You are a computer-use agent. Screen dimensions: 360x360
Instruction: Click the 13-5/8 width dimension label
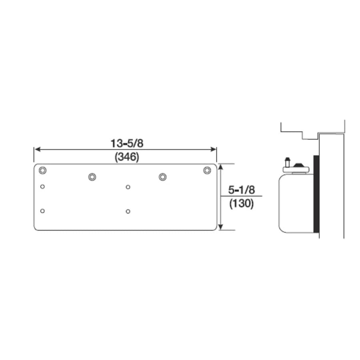click(x=127, y=143)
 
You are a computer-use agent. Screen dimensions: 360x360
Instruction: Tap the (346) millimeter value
click(x=127, y=157)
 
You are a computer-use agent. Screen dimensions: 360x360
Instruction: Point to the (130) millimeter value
click(x=242, y=204)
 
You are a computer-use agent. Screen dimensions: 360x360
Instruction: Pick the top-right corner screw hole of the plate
click(x=206, y=170)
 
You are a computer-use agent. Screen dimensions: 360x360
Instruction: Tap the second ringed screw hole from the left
click(x=92, y=176)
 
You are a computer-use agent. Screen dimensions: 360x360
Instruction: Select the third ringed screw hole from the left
click(x=162, y=176)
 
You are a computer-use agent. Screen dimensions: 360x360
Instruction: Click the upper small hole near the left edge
click(x=42, y=186)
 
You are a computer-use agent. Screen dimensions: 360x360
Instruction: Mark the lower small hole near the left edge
click(x=42, y=211)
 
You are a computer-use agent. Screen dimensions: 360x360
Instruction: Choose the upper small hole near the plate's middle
click(x=128, y=186)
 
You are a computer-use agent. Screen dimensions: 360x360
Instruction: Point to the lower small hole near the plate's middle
click(x=128, y=211)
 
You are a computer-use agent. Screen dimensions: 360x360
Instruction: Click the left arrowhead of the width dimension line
click(x=36, y=149)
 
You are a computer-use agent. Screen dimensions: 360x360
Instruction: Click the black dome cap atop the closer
click(x=299, y=165)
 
